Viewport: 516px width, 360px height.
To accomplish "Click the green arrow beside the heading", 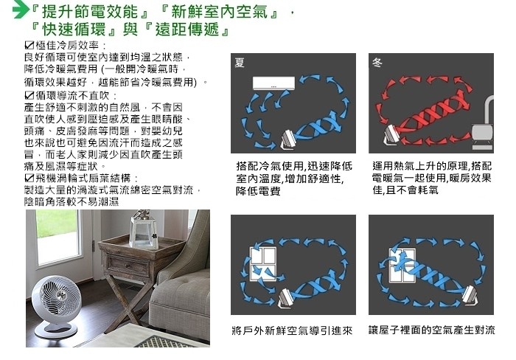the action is (21, 10).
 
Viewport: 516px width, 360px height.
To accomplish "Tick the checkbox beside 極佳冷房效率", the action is (29, 45).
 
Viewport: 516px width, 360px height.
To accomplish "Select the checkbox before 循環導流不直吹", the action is (29, 95).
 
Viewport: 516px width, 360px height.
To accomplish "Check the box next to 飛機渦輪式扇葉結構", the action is (29, 179).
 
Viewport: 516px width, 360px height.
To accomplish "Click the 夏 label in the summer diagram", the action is (240, 63).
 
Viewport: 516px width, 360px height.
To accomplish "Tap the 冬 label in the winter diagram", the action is (377, 63).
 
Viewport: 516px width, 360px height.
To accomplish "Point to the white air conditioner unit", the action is (273, 83).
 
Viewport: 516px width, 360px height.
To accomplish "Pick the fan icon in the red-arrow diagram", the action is (391, 134).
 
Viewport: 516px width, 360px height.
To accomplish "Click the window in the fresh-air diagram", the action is (263, 264).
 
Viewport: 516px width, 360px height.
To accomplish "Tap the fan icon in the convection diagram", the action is (470, 295).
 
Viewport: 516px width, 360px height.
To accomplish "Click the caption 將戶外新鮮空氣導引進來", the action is (292, 330).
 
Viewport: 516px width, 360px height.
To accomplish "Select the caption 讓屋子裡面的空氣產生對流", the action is (431, 330).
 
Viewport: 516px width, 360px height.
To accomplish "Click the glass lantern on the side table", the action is (144, 229).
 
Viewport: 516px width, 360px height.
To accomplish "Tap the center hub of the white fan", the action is (60, 295).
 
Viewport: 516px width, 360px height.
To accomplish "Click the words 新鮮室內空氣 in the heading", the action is (219, 12).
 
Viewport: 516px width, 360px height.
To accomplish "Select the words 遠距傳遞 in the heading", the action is (187, 30).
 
